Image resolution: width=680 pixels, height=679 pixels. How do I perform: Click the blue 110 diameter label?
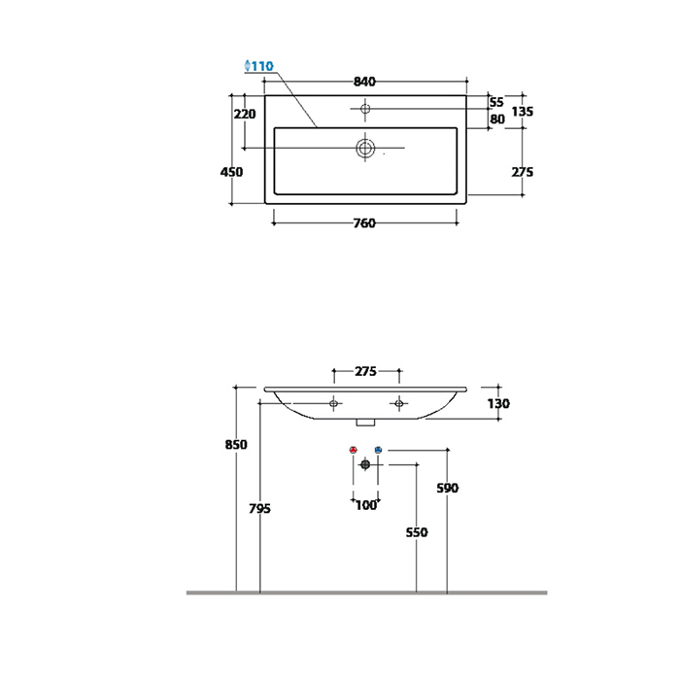pos(259,66)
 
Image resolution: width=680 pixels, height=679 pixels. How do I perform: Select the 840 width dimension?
pos(364,82)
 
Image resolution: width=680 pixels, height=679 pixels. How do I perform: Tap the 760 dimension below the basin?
pos(364,223)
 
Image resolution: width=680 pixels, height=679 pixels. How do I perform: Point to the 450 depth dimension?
pos(231,172)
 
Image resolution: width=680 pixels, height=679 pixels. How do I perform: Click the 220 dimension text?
pos(245,114)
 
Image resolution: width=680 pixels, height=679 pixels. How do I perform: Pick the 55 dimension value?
pos(496,102)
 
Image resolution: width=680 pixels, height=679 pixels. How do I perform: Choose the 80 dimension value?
pos(497,119)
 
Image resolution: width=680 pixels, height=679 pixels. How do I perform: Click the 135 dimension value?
pos(523,112)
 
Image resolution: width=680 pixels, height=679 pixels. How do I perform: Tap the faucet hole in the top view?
pos(365,108)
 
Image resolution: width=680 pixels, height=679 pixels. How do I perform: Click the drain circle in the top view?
pos(365,148)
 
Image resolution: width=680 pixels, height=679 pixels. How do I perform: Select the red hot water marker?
pos(353,450)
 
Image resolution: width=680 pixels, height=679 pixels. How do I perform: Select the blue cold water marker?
pos(378,450)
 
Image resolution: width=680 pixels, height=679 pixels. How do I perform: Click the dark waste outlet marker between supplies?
pos(365,464)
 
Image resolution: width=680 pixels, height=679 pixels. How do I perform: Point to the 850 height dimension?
pos(236,445)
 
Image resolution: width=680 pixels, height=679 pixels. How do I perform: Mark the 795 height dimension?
pos(259,508)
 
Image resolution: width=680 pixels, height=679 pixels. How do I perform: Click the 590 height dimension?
pos(447,489)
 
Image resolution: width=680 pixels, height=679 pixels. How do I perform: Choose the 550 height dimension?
pos(417,532)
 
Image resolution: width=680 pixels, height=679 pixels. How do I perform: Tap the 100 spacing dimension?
pos(366,505)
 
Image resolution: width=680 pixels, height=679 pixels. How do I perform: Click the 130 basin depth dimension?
pos(498,404)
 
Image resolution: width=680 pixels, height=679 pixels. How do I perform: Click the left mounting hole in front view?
pos(333,404)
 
